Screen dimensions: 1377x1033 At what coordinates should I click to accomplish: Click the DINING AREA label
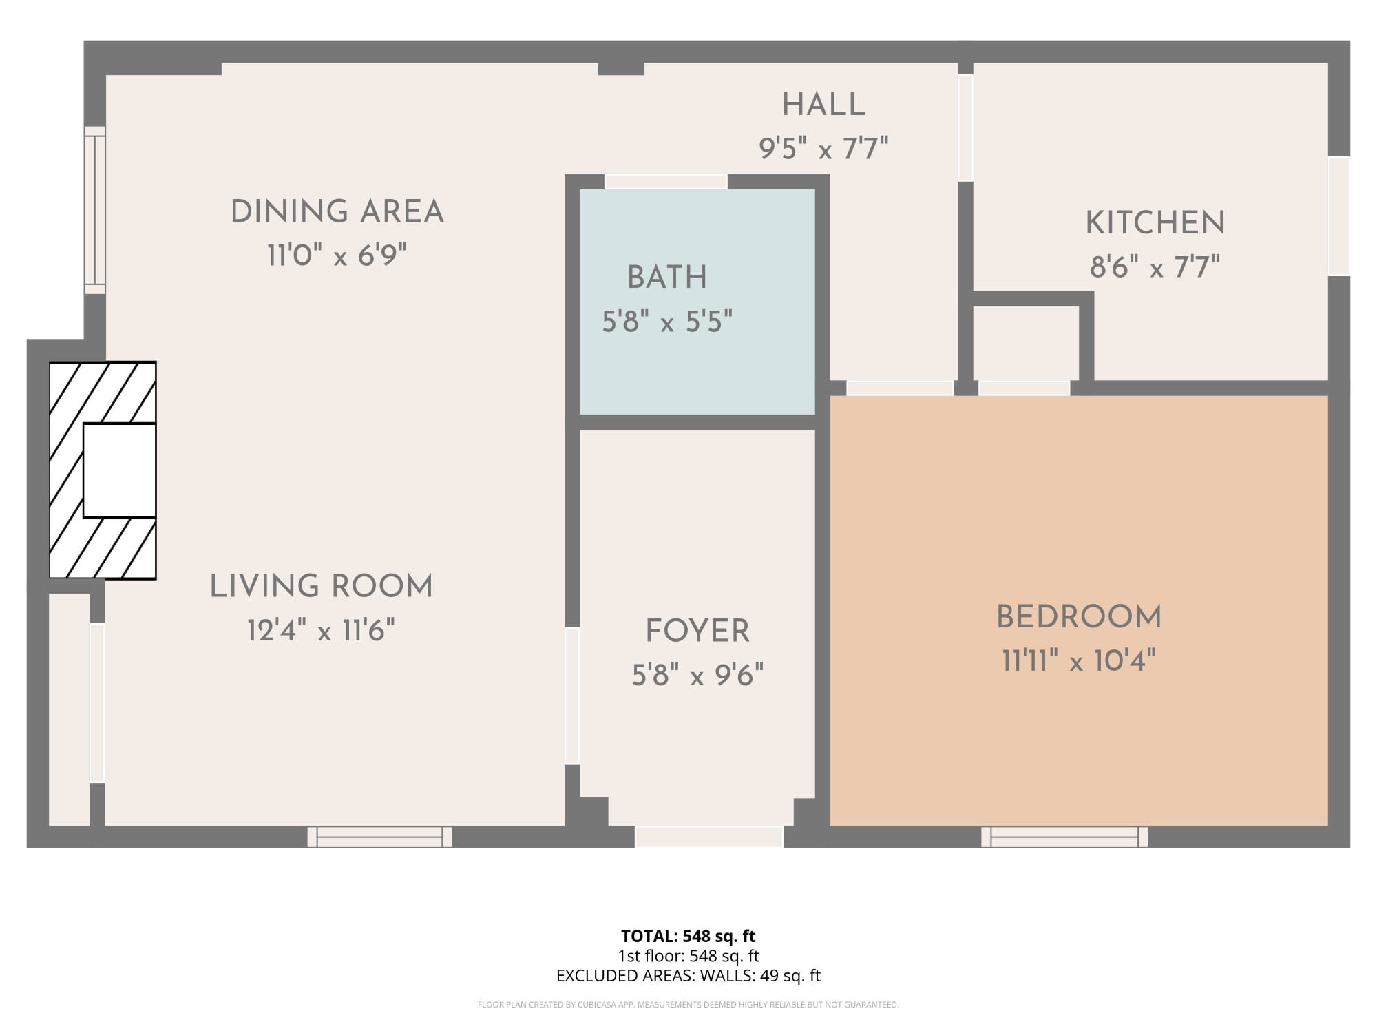[x=337, y=211]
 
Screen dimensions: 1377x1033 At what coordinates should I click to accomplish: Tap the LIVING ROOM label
[x=322, y=587]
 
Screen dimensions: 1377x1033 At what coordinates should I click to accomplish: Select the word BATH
[x=667, y=278]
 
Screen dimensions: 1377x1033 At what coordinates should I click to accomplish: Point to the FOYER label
[x=697, y=632]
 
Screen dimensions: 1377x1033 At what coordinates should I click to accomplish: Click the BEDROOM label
[x=1079, y=617]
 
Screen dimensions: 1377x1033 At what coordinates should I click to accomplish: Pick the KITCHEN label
[x=1155, y=223]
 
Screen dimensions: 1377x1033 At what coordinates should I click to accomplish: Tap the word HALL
[x=823, y=105]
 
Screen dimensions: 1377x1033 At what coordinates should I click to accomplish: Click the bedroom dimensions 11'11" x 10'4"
[x=1078, y=660]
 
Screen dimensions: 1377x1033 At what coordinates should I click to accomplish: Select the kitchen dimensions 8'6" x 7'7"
[x=1155, y=267]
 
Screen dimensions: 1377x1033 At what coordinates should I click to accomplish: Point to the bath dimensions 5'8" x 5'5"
[x=667, y=321]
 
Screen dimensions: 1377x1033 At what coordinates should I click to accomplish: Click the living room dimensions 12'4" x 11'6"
[x=321, y=630]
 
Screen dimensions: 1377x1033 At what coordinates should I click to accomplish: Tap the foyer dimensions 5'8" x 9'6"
[x=697, y=675]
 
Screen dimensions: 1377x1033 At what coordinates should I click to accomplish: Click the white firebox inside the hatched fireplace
[x=119, y=470]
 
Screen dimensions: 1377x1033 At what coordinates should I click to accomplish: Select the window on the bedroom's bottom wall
[x=1064, y=837]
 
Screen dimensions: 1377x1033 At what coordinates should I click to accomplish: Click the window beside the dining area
[x=95, y=210]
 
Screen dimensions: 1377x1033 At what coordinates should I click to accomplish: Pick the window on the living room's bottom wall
[x=379, y=837]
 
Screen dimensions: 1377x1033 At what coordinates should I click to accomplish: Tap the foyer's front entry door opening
[x=708, y=837]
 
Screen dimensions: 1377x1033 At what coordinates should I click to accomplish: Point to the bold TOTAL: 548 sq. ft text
[x=688, y=936]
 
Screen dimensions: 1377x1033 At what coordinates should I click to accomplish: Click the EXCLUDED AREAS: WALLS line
[x=688, y=975]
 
